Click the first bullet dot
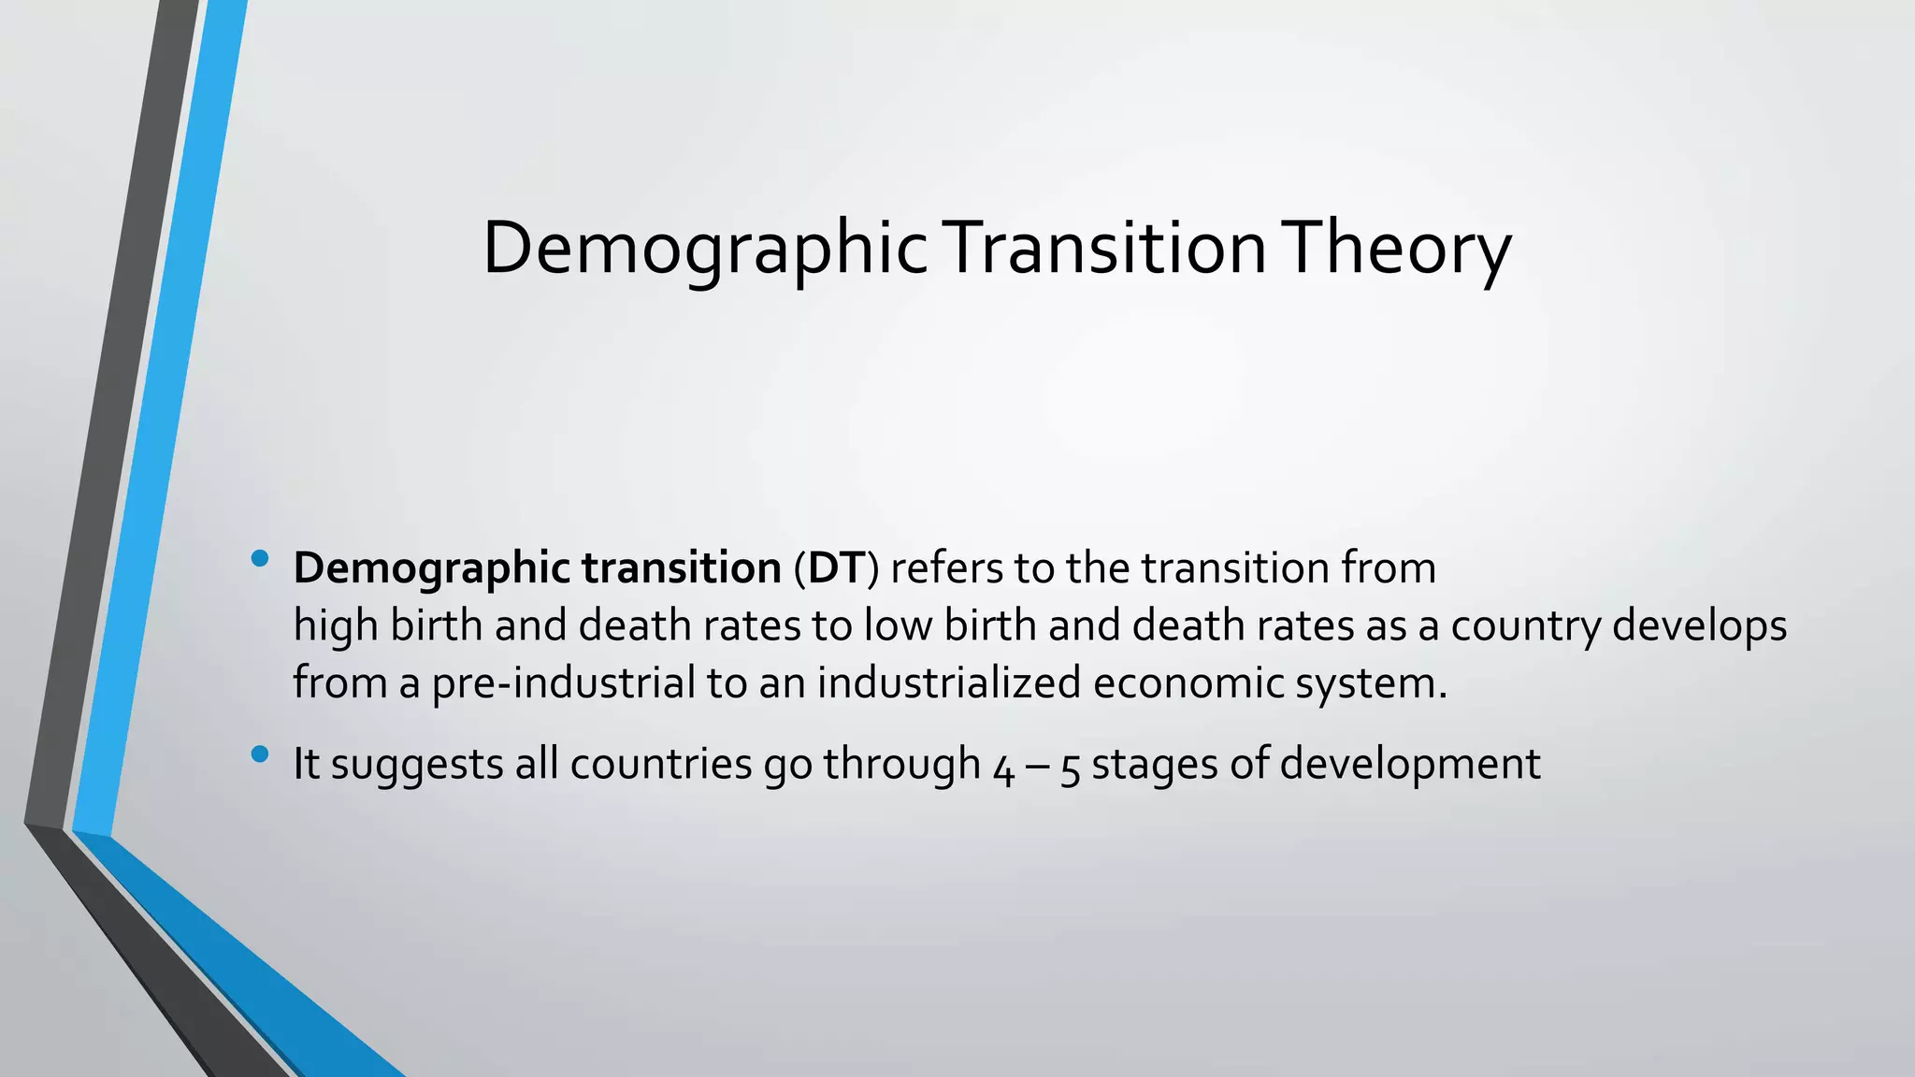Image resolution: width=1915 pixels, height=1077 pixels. click(x=260, y=559)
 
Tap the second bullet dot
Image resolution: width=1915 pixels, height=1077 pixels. click(x=260, y=754)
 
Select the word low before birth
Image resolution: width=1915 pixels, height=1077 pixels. click(x=898, y=625)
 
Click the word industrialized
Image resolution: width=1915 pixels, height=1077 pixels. click(x=949, y=682)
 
